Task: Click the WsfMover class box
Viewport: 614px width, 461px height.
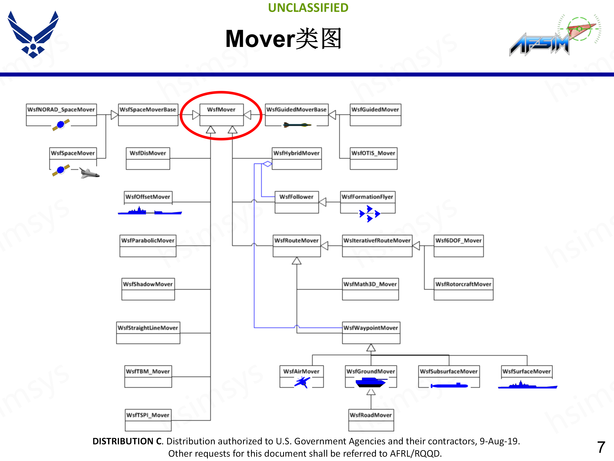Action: pyautogui.click(x=221, y=114)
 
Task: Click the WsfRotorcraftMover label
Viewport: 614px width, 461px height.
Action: pyautogui.click(x=463, y=284)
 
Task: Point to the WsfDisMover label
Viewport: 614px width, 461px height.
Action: pyautogui.click(x=148, y=153)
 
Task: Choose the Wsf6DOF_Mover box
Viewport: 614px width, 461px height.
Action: pyautogui.click(x=459, y=246)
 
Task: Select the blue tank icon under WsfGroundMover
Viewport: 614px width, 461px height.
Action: pyautogui.click(x=371, y=383)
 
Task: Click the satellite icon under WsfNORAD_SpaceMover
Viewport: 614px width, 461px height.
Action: pyautogui.click(x=61, y=125)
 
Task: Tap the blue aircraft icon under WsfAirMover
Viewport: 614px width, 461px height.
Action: pyautogui.click(x=302, y=382)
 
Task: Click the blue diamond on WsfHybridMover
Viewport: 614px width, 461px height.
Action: pyautogui.click(x=267, y=164)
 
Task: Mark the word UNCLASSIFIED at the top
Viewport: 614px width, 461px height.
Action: pyautogui.click(x=308, y=8)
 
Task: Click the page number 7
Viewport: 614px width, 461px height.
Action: pyautogui.click(x=601, y=447)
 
